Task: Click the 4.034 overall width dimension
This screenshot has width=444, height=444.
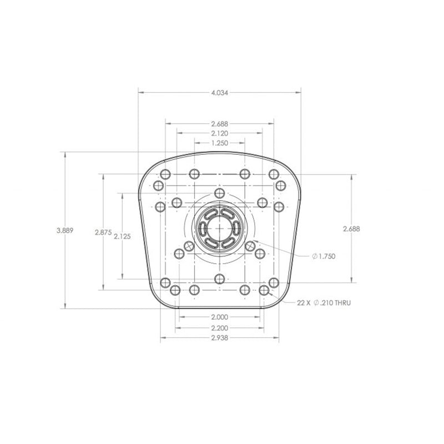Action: coord(219,93)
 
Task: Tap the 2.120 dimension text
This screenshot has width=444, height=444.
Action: coord(219,133)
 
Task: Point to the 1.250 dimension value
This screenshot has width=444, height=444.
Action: coord(219,143)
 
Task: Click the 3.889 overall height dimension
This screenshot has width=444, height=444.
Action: coord(65,229)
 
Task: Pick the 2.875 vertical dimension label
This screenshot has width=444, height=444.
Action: coord(103,232)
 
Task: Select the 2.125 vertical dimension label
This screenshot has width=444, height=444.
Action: coord(122,236)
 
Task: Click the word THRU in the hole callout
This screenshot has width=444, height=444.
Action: coord(341,303)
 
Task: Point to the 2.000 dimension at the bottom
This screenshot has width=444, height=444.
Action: coord(219,317)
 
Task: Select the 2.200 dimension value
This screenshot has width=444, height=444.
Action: coord(219,327)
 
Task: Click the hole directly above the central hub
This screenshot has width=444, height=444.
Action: coord(220,193)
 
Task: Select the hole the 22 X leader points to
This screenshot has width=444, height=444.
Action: coord(264,290)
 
